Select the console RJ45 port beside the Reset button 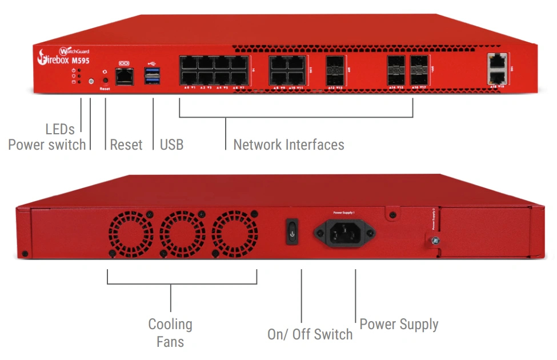125,75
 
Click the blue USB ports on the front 153,75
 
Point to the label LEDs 60,129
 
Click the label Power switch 47,145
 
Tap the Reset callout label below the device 126,145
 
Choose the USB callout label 171,145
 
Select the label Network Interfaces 288,145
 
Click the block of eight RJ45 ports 213,70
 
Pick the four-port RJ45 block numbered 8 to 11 288,70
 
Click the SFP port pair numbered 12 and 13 335,70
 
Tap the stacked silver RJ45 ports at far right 498,69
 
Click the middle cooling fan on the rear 183,233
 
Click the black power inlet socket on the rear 344,233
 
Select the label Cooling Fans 170,333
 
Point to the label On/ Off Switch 310,334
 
